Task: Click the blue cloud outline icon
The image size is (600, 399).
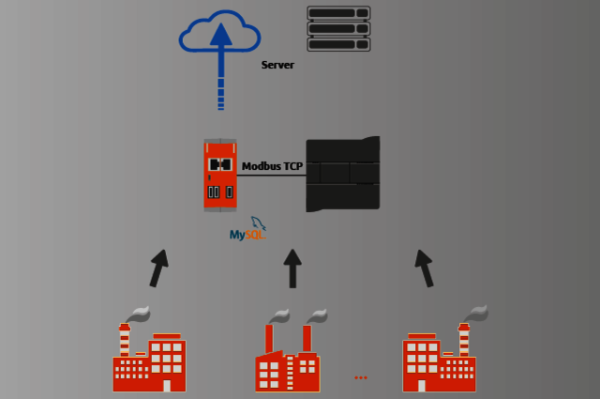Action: pos(192,37)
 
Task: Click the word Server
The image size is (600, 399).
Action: pos(277,65)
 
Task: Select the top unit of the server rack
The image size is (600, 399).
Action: pos(338,13)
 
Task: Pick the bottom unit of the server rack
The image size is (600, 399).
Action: pos(338,44)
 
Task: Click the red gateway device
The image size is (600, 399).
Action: pos(220,175)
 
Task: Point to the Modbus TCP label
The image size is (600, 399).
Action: pos(272,166)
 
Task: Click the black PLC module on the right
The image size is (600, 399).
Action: pos(343,174)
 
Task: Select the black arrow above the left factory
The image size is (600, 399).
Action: pos(157,268)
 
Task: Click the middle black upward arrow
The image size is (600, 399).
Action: pos(292,269)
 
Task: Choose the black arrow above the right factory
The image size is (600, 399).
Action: pos(425,268)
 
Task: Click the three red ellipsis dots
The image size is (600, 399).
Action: pos(361,377)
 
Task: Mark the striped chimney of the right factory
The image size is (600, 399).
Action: pos(463,340)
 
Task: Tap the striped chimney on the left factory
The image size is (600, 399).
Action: pos(125,340)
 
